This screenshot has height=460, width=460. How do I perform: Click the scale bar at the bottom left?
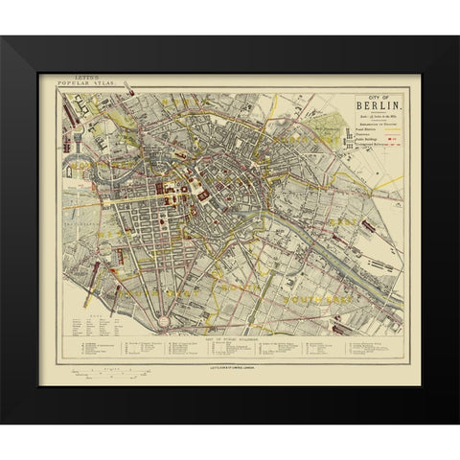(105, 369)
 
